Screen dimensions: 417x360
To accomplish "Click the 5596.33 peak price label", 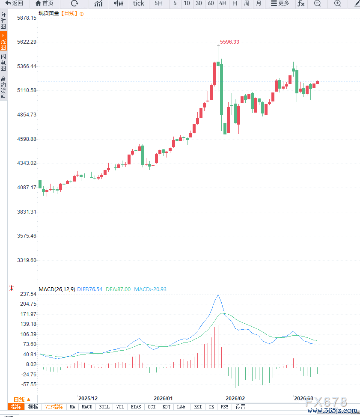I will point(229,42).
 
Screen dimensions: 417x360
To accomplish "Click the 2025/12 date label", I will point(88,398).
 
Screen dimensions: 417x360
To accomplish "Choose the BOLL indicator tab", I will point(104,407).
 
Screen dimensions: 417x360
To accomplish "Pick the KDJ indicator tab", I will point(167,407).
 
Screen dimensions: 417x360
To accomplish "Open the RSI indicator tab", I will point(198,407).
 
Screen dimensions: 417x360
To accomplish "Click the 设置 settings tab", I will point(240,407).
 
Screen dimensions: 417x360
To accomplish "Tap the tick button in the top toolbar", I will point(138,3).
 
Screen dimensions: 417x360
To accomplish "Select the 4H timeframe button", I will point(223,3).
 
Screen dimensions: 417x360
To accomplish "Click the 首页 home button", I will point(45,3).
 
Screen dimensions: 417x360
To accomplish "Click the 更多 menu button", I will point(280,3).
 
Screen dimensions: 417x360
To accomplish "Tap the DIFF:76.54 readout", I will point(89,289).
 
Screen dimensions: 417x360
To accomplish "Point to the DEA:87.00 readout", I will point(118,289).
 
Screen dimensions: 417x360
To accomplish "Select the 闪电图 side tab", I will point(3,63).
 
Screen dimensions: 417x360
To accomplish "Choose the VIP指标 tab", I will point(54,407).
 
